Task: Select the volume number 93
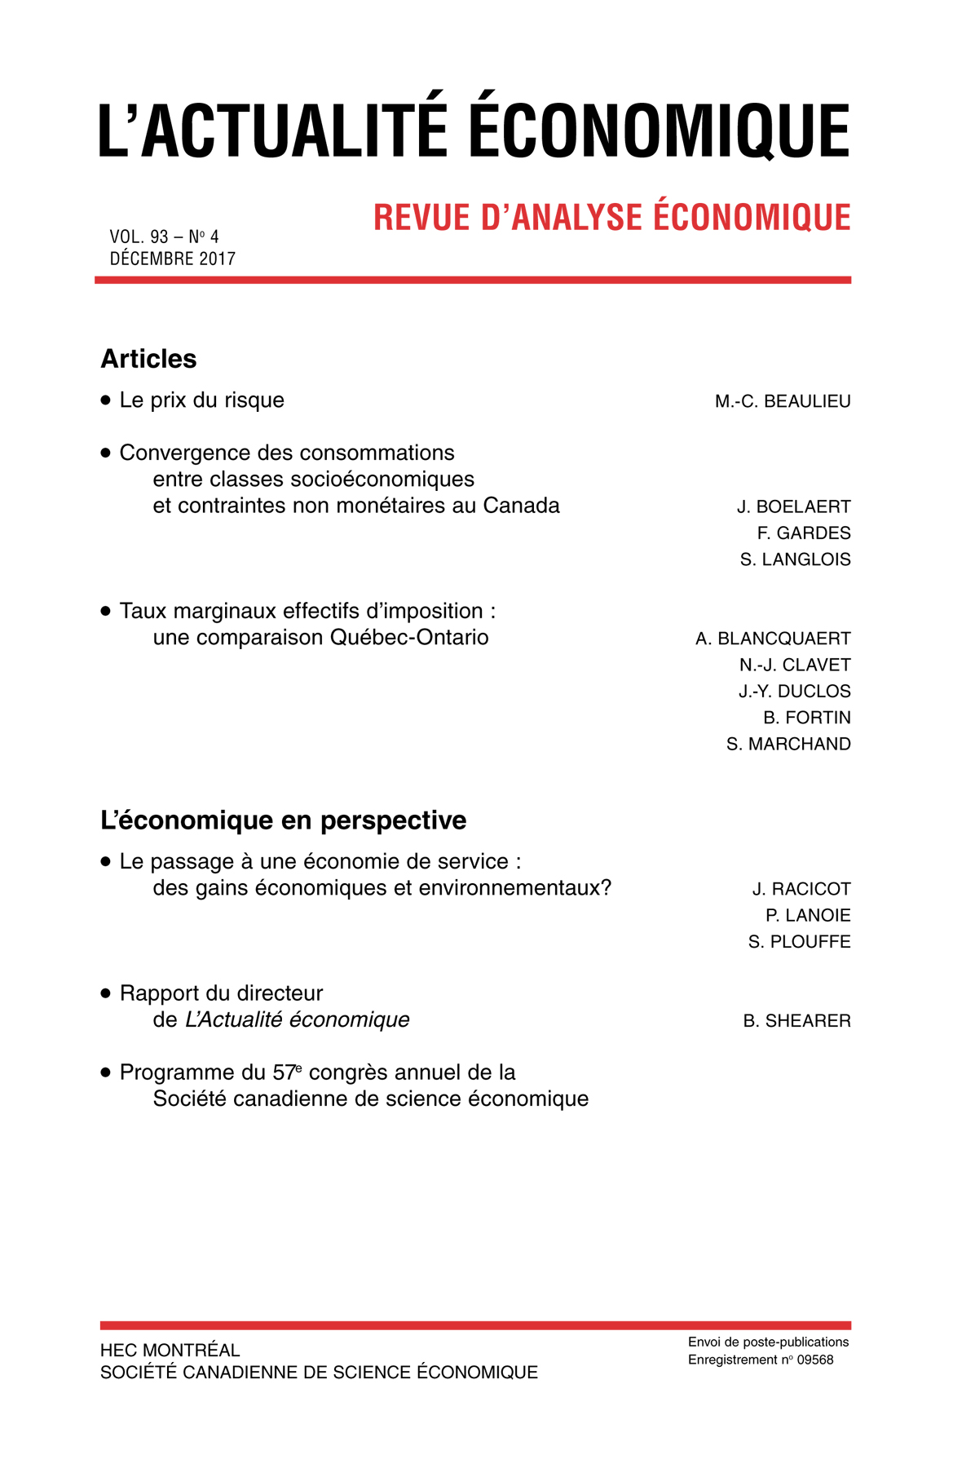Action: point(159,237)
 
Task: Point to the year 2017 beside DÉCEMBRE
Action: point(218,259)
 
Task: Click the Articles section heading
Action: point(148,359)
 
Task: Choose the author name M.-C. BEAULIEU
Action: point(783,401)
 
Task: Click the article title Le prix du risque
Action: point(201,400)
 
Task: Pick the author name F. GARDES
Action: point(804,533)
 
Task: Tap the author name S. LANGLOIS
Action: point(795,559)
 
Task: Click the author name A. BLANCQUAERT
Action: point(773,639)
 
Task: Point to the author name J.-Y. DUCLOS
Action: point(794,692)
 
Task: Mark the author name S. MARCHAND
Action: point(788,745)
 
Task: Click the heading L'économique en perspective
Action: point(283,820)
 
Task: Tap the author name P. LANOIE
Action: point(808,916)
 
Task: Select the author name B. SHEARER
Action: point(796,1021)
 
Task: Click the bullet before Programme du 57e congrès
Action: point(105,1073)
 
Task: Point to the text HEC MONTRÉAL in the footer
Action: point(170,1351)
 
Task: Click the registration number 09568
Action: point(814,1360)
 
